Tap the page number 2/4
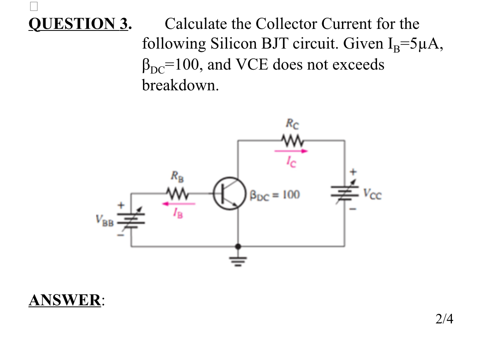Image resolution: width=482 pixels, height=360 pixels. tap(444, 319)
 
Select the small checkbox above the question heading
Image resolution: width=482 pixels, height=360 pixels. tap(34, 6)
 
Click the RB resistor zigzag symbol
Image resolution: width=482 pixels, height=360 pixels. tap(176, 192)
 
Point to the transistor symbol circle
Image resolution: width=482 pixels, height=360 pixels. tap(226, 193)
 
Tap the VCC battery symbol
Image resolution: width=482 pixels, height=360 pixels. tap(345, 193)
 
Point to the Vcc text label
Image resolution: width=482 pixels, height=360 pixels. tap(372, 194)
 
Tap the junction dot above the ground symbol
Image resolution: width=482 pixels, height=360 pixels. tap(238, 246)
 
